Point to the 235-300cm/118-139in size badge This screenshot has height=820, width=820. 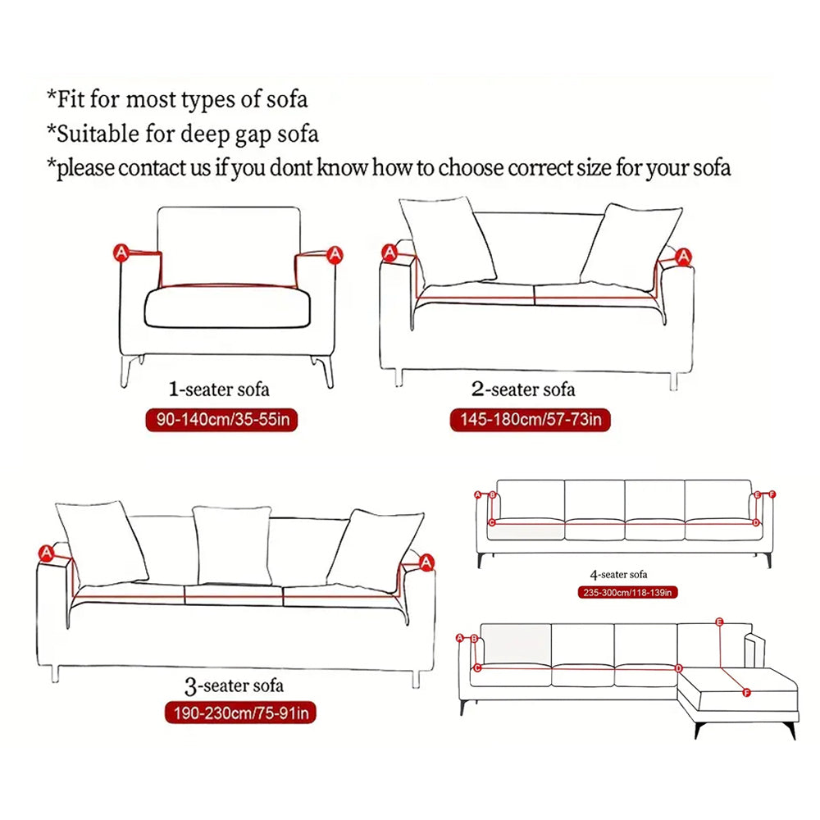click(x=626, y=592)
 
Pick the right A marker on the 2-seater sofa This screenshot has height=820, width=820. click(x=683, y=257)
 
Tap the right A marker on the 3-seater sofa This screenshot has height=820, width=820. click(x=426, y=562)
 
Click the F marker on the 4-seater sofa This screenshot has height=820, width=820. click(x=772, y=494)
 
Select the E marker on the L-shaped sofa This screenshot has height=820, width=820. click(x=720, y=622)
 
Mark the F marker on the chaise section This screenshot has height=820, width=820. click(x=746, y=693)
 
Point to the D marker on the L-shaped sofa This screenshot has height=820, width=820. click(x=678, y=668)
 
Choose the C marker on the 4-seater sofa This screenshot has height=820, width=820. click(x=492, y=522)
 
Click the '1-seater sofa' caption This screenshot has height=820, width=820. click(x=219, y=389)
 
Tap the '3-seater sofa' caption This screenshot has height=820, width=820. click(x=235, y=683)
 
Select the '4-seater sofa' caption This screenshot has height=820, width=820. click(x=618, y=574)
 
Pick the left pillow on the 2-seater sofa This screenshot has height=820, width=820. click(x=448, y=240)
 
